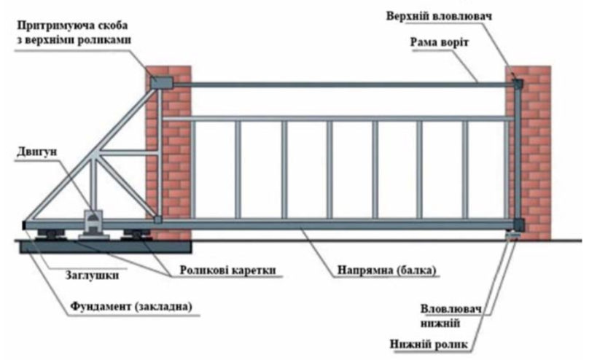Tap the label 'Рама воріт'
coord(438,42)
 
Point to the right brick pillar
coord(531,153)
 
